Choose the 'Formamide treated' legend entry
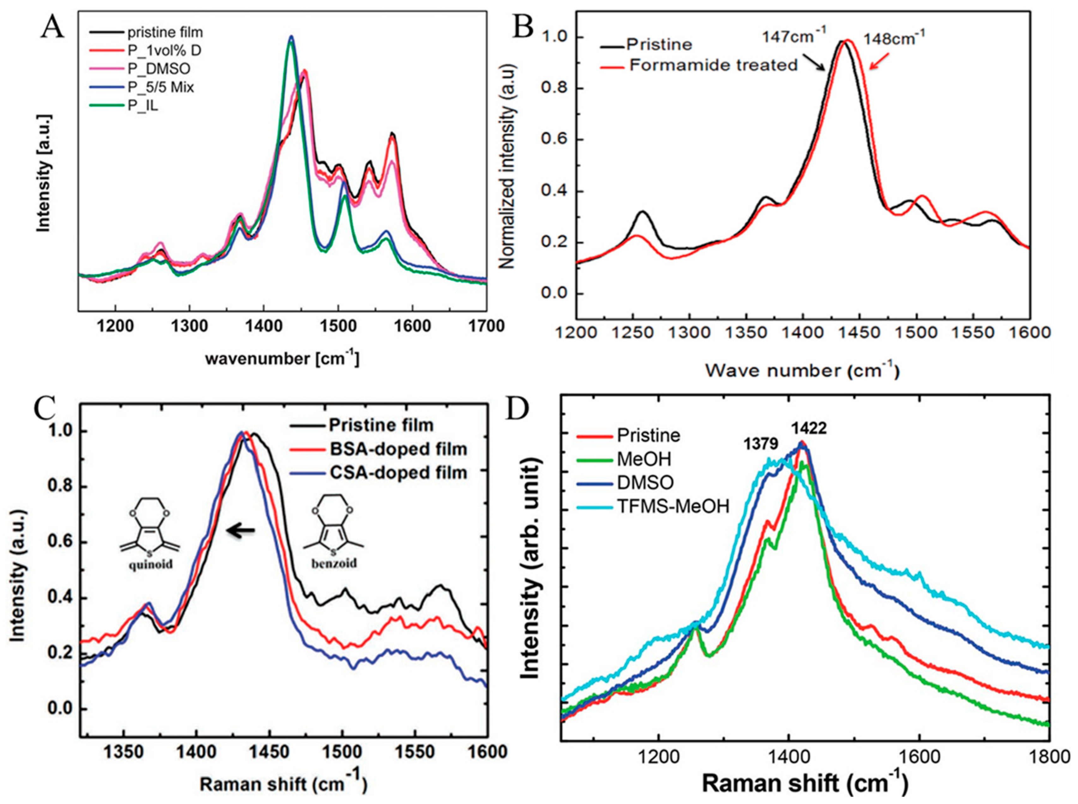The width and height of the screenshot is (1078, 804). (x=713, y=65)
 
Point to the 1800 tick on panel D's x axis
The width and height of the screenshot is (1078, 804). (x=1049, y=757)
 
